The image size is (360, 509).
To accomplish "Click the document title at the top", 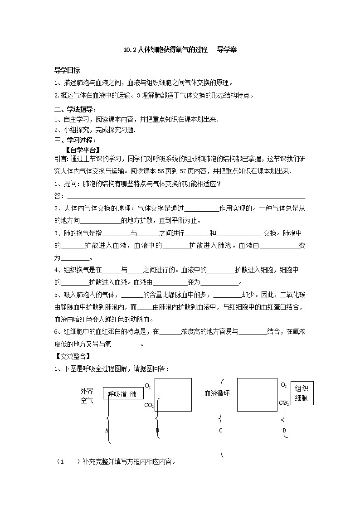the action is pyautogui.click(x=180, y=50).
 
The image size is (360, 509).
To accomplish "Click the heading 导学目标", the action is pyautogui.click(x=67, y=70).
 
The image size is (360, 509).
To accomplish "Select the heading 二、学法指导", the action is pyautogui.click(x=75, y=109).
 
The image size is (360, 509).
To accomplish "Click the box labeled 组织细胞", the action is pyautogui.click(x=302, y=393).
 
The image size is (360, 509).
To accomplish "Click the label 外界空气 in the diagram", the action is pyautogui.click(x=87, y=395).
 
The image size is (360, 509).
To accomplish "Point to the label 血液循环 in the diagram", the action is pyautogui.click(x=217, y=393).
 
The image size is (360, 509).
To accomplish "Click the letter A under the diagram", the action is pyautogui.click(x=107, y=430).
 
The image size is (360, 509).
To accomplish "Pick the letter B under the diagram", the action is pyautogui.click(x=157, y=430).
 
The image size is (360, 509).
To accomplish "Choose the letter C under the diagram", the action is pyautogui.click(x=221, y=430).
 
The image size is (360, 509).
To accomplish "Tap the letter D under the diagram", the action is pyautogui.click(x=284, y=430).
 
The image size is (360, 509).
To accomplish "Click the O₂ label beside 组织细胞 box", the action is pyautogui.click(x=283, y=385).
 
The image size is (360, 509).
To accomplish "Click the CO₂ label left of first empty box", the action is pyautogui.click(x=149, y=405).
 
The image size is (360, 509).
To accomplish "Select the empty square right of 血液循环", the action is pyautogui.click(x=257, y=394).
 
